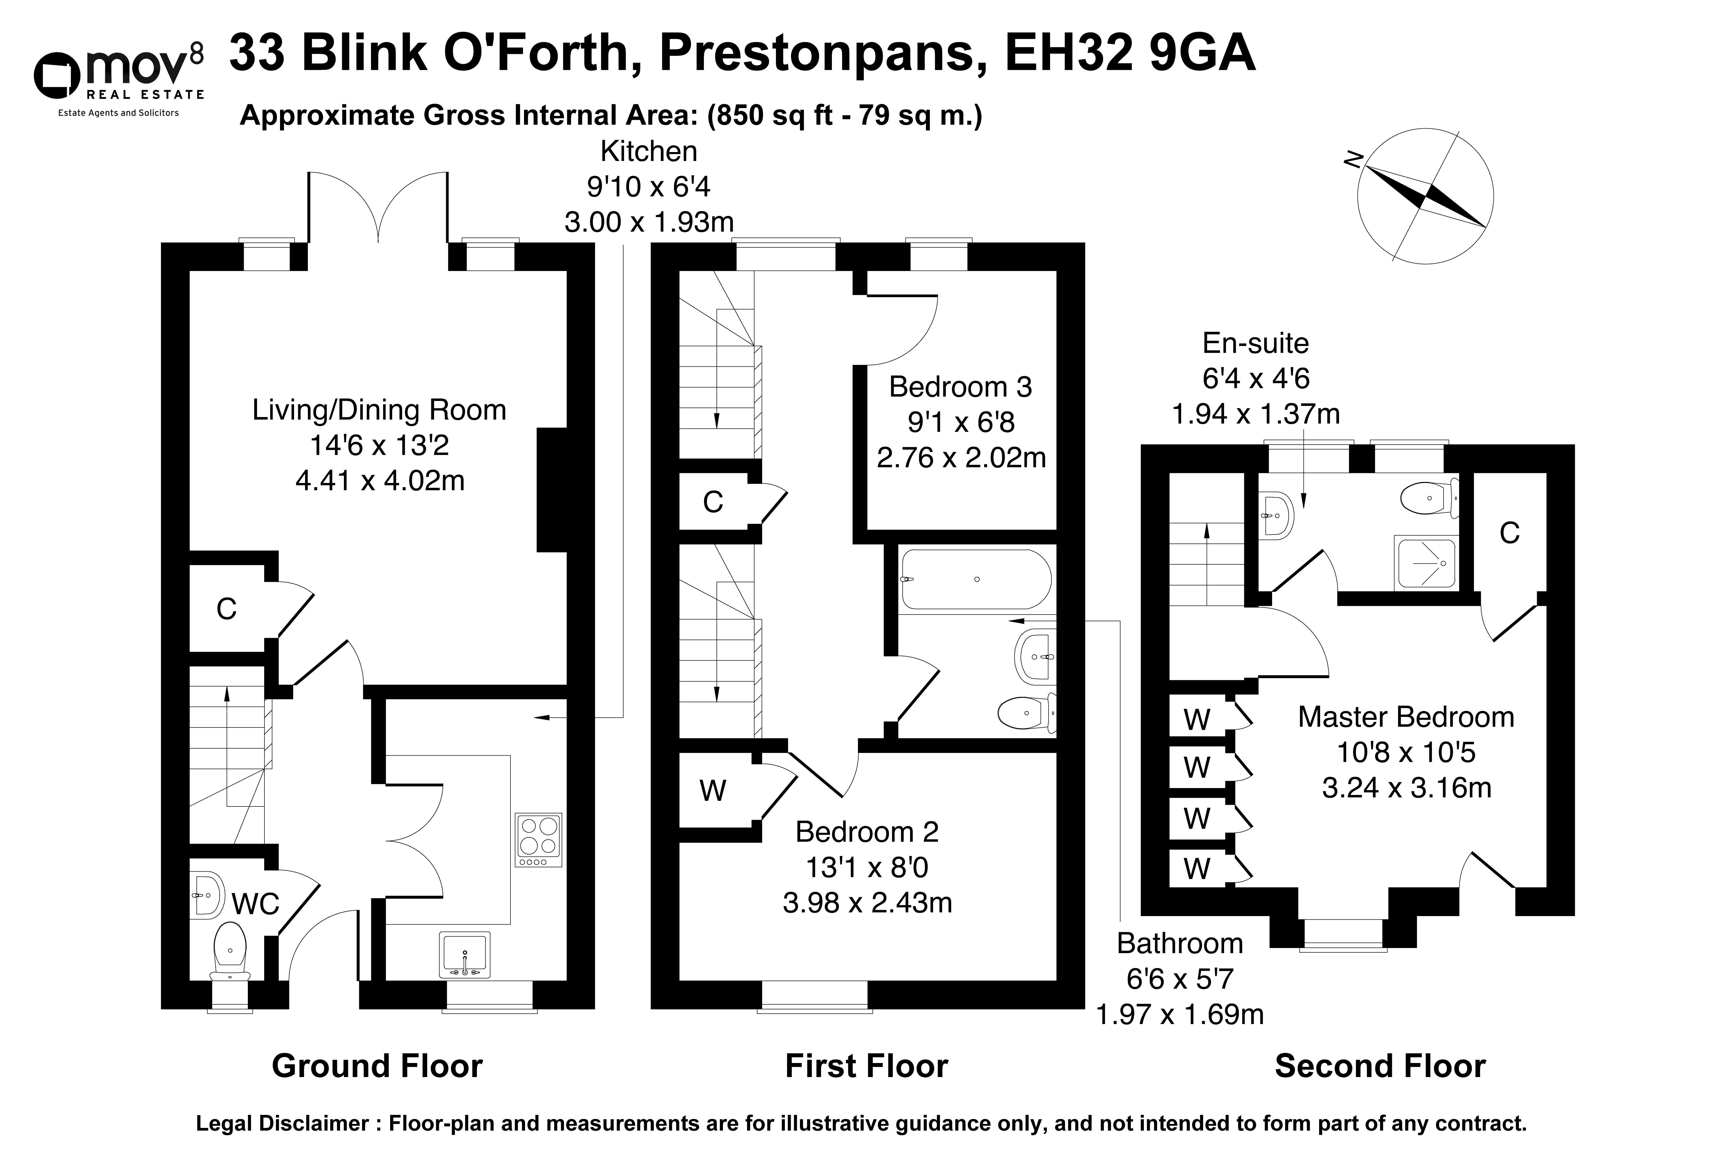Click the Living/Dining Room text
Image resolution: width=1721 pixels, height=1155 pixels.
point(379,410)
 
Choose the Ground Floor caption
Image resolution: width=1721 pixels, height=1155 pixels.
point(377,1066)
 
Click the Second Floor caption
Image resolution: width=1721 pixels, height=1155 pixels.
point(1380,1066)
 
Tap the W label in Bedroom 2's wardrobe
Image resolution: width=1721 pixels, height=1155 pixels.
point(713,790)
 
